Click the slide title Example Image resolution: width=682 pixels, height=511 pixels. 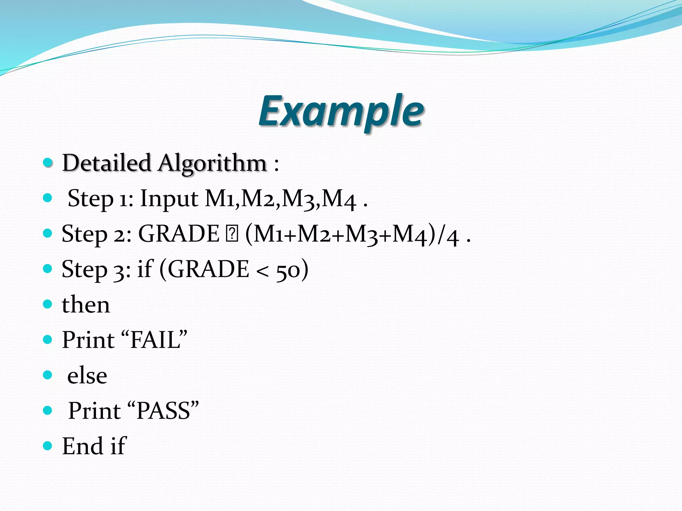pyautogui.click(x=341, y=111)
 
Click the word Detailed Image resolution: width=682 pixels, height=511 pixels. pyautogui.click(x=107, y=163)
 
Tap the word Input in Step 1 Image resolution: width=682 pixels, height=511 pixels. pyautogui.click(x=169, y=199)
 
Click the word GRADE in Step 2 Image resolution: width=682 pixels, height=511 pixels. pyautogui.click(x=179, y=234)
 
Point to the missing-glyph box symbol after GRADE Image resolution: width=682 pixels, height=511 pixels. pyautogui.click(x=232, y=234)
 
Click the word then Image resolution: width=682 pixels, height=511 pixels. pyautogui.click(x=86, y=305)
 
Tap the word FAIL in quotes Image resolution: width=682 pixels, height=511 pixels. pyautogui.click(x=155, y=340)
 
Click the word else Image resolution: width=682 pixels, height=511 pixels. pyautogui.click(x=87, y=376)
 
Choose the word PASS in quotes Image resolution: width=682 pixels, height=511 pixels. pyautogui.click(x=163, y=411)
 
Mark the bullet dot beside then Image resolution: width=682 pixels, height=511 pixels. pyautogui.click(x=48, y=304)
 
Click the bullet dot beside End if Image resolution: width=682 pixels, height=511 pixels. pyautogui.click(x=48, y=446)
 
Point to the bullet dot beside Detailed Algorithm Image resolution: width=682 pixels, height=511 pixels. pyautogui.click(x=48, y=163)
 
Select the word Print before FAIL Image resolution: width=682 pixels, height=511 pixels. pyautogui.click(x=88, y=340)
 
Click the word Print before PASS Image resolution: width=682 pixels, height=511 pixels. pyautogui.click(x=95, y=411)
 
